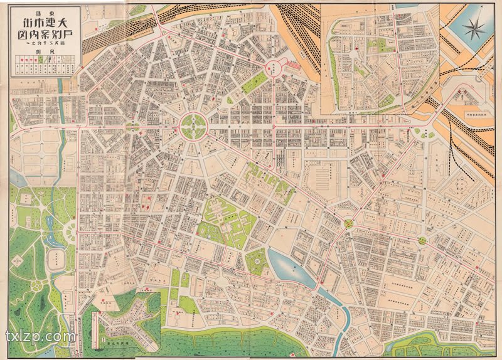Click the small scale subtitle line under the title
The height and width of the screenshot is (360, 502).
[x=43, y=46]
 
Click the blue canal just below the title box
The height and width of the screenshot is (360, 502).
[x=61, y=85]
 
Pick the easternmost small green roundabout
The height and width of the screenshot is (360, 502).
[x=422, y=240]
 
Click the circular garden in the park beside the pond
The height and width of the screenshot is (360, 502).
[x=256, y=257]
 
